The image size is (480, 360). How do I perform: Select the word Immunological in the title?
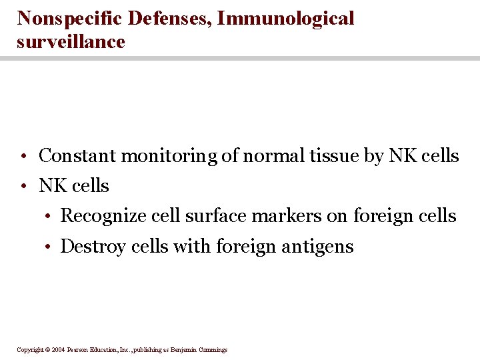[x=286, y=19]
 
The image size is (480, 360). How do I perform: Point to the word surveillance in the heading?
[x=71, y=42]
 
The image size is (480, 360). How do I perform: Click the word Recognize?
[x=103, y=216]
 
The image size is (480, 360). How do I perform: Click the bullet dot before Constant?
[x=23, y=157]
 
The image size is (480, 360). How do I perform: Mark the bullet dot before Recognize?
[x=49, y=217]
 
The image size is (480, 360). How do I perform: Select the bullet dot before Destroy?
[x=49, y=248]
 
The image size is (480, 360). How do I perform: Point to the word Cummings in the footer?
[x=212, y=350]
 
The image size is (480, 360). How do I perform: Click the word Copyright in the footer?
[x=29, y=350]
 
